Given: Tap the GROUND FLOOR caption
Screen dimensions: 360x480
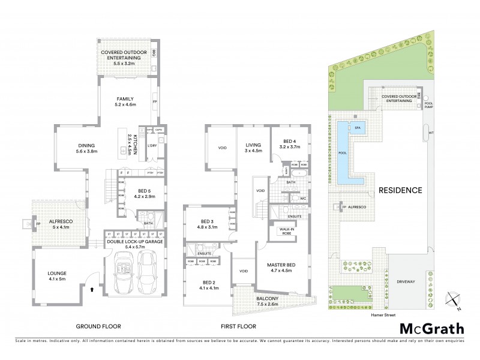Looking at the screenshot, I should coord(98,326).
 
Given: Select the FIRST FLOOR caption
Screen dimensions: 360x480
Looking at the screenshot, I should coord(238,326).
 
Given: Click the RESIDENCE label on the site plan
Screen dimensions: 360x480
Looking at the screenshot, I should coord(400,190).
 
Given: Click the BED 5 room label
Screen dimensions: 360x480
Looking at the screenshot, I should coord(137,194).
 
